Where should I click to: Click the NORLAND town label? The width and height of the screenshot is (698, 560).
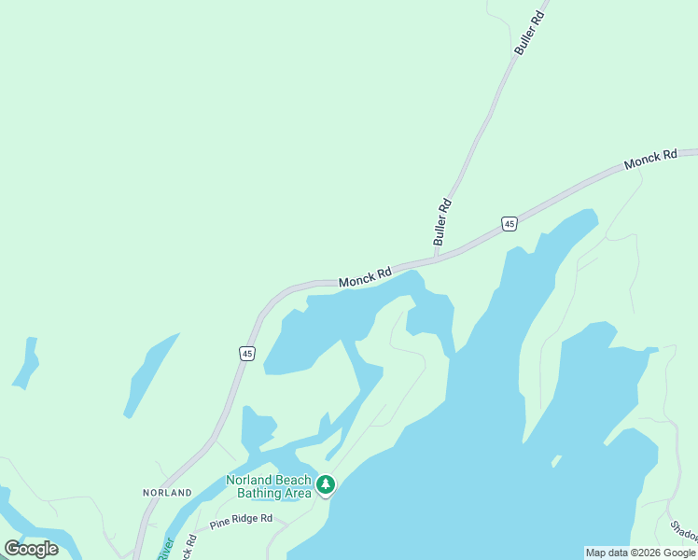(168, 492)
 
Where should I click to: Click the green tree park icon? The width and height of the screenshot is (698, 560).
(325, 484)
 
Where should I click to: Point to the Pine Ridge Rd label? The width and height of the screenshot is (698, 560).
(241, 519)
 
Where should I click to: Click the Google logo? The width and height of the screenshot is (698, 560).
(31, 548)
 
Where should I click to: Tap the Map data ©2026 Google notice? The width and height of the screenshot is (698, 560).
(640, 553)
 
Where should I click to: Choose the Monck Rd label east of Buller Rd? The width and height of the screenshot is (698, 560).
(650, 160)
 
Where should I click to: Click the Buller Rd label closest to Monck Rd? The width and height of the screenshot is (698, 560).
(442, 223)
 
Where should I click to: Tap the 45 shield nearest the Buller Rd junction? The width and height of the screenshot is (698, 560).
(509, 223)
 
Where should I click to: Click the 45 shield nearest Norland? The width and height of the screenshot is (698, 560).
(246, 353)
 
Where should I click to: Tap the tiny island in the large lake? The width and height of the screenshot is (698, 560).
(556, 459)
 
